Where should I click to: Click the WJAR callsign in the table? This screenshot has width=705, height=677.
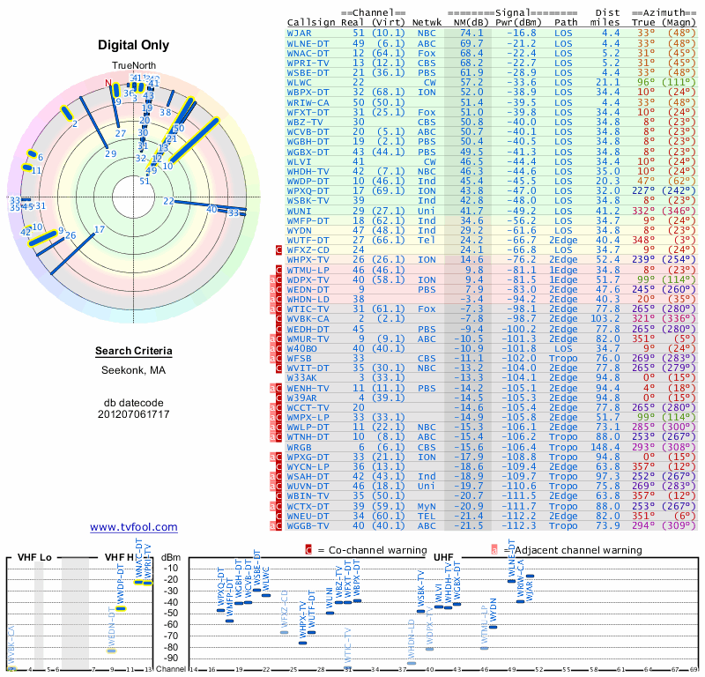pos(300,33)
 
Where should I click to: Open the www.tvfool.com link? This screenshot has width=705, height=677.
pos(134,527)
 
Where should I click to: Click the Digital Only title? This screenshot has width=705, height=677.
pos(134,45)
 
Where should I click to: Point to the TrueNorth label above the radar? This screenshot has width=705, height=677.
pos(134,65)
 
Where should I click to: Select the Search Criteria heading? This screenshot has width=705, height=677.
pos(134,352)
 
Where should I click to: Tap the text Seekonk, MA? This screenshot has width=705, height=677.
pos(134,370)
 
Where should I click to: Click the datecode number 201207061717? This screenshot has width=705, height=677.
pos(134,413)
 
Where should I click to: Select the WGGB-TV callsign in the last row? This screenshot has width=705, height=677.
pos(308,525)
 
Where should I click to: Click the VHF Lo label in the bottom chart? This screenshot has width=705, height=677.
pos(34,558)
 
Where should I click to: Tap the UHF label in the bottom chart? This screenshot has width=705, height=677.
pos(443,557)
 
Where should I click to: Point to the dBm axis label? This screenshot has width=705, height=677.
pos(172,557)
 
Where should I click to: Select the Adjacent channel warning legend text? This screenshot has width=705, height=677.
pos(566,550)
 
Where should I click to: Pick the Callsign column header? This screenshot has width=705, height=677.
pos(311,22)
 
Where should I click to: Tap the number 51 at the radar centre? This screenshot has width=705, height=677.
pos(145,181)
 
